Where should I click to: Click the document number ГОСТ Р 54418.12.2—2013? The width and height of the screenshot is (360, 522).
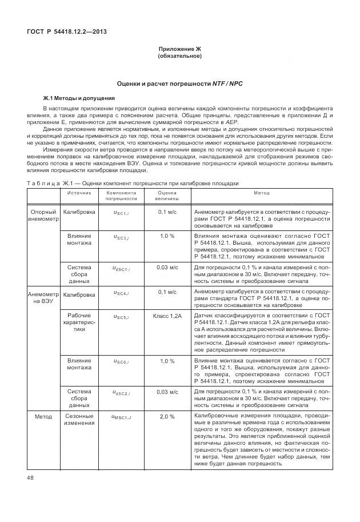67,31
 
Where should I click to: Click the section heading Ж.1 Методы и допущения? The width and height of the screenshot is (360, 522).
79,98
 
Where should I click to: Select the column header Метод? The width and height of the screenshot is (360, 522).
261,193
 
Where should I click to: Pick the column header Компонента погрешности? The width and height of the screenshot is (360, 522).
121,196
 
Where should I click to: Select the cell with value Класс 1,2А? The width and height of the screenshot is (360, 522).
167,316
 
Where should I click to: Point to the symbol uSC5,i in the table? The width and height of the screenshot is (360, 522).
121,316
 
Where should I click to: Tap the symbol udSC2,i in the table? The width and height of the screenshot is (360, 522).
121,393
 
